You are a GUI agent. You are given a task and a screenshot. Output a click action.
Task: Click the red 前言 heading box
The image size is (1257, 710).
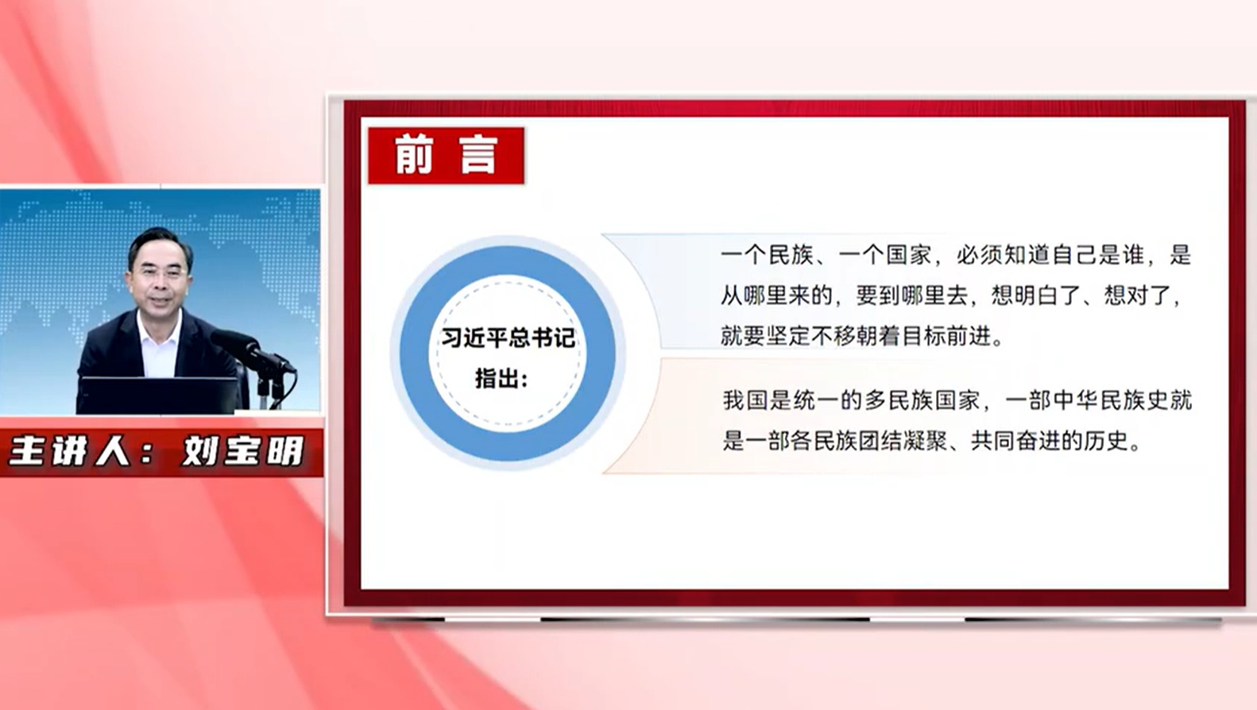pyautogui.click(x=446, y=156)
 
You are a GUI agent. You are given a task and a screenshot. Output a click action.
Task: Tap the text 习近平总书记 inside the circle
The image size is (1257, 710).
pyautogui.click(x=509, y=338)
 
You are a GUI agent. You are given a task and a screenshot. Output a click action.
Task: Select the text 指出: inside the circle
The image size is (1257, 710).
pyautogui.click(x=502, y=379)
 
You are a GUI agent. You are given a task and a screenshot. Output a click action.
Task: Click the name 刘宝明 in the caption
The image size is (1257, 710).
pyautogui.click(x=243, y=450)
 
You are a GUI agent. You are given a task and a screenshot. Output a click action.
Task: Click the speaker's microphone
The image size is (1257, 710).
pyautogui.click(x=253, y=350)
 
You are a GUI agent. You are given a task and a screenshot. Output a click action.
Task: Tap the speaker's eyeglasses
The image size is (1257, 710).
pyautogui.click(x=158, y=274)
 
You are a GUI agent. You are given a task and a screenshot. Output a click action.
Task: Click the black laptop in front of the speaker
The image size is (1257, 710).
pyautogui.click(x=160, y=396)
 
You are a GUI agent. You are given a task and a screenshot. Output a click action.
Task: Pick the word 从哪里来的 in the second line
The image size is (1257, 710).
pyautogui.click(x=776, y=295)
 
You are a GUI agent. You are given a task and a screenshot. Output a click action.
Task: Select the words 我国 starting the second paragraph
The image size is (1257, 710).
pyautogui.click(x=745, y=401)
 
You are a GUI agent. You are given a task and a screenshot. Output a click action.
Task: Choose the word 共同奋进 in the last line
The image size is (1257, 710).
pyautogui.click(x=1015, y=442)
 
